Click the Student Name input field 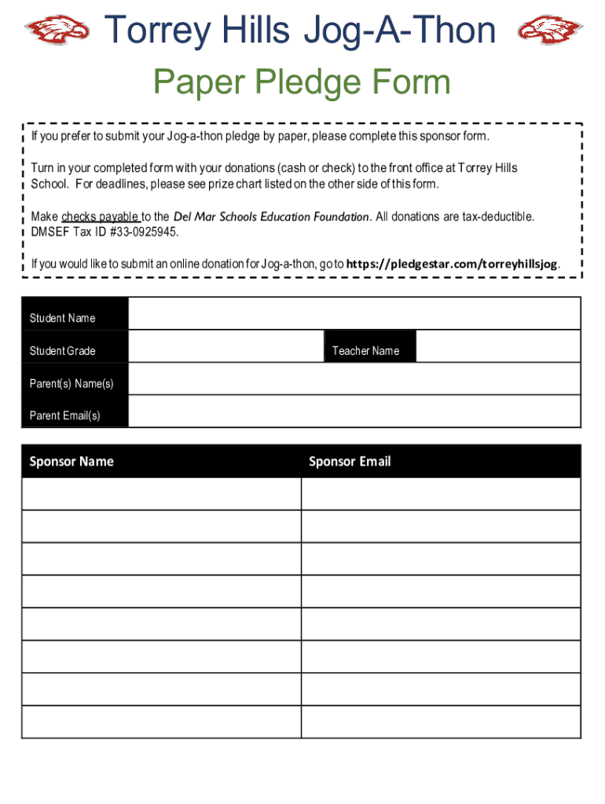coord(354,313)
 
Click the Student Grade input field coord(225,346)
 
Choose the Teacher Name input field coord(497,346)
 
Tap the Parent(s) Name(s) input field coord(354,379)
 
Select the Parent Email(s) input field coord(354,411)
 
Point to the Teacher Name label coord(365,351)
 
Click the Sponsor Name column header coord(71,462)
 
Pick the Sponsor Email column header coord(350,462)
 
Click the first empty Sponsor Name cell coord(161,494)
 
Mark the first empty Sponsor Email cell coord(441,494)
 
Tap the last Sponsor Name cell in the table coord(161,722)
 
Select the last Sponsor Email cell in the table coord(441,722)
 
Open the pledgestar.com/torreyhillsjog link coord(453,265)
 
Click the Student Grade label coord(62,351)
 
